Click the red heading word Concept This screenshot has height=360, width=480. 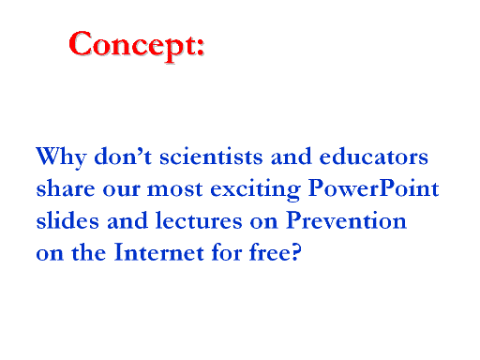(x=132, y=45)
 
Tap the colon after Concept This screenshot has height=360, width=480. (x=201, y=47)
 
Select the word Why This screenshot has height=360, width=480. (x=61, y=157)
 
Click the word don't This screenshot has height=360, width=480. (x=123, y=156)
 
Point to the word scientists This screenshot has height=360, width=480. (x=211, y=156)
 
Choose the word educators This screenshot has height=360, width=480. (x=374, y=156)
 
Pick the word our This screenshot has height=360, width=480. (x=121, y=190)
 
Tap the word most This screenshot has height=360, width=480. (x=175, y=189)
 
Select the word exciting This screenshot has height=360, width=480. (x=255, y=189)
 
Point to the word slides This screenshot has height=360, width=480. (x=67, y=220)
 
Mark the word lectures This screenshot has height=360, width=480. (x=199, y=220)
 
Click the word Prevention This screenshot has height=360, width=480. (x=346, y=220)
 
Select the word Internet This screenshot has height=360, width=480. (x=159, y=252)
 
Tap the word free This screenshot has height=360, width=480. (x=270, y=252)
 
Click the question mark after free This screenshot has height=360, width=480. (x=296, y=252)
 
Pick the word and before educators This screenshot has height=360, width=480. (x=292, y=156)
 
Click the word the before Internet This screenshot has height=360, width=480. (x=89, y=252)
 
